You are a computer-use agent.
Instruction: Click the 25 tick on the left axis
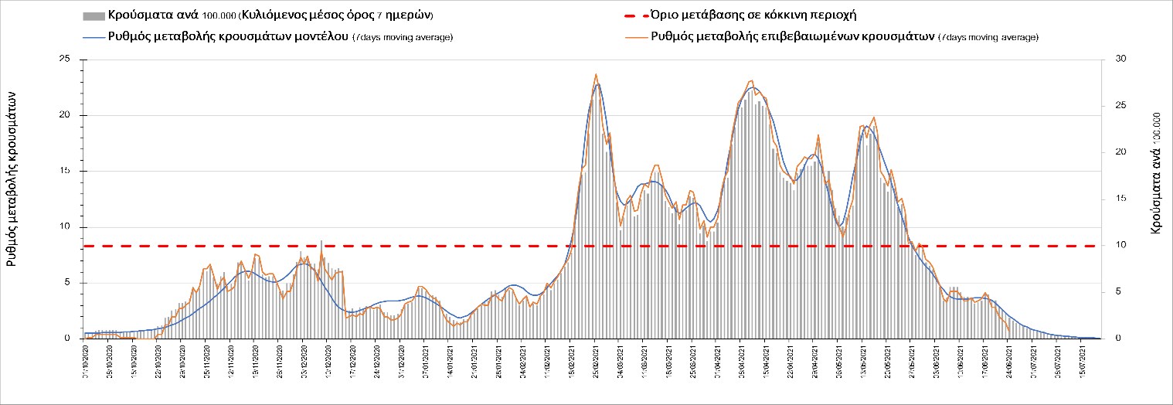(65, 60)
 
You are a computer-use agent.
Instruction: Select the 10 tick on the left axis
(65, 227)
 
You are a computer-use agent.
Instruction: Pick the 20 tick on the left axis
(65, 115)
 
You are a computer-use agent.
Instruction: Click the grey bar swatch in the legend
(93, 16)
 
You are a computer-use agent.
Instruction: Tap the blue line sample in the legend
(93, 37)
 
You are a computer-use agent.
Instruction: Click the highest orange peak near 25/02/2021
(596, 74)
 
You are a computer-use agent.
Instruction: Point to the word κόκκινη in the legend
(773, 15)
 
